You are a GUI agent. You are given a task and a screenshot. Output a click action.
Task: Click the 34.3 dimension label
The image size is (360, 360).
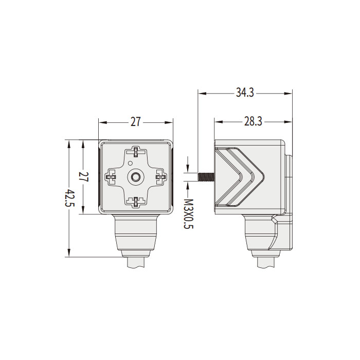pos(245,93)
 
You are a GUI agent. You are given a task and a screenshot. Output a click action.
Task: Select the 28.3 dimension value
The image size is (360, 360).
pos(253,121)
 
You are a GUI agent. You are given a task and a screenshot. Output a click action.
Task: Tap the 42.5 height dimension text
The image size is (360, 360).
pos(70,198)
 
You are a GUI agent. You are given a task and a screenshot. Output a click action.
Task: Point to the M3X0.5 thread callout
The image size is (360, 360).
pos(189,214)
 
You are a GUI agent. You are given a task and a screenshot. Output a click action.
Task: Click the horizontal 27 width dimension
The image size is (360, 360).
pos(135,122)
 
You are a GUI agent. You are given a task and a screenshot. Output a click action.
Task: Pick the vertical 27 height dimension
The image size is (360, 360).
pos(84,177)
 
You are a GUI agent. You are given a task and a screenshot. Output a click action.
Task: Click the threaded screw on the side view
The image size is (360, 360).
pos(206,177)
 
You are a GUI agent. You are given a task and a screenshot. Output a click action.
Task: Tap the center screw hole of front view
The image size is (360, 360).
pos(136,177)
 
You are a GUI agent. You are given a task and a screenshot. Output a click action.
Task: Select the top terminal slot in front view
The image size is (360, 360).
pos(136,152)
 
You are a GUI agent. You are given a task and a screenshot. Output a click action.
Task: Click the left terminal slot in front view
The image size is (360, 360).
pos(111,177)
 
